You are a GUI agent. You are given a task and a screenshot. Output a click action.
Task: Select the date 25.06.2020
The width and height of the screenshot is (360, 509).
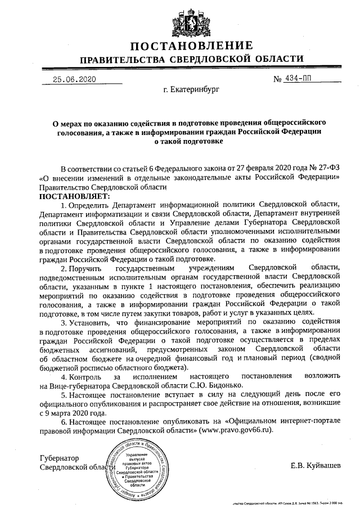(x=75, y=79)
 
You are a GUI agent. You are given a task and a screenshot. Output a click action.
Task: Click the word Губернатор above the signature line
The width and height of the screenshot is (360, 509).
(x=59, y=458)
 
